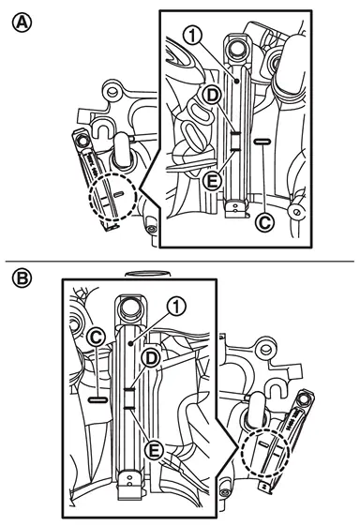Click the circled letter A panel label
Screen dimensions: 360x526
(x=22, y=23)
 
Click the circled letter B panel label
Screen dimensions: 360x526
(x=22, y=278)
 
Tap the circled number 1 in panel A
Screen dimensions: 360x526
(x=193, y=36)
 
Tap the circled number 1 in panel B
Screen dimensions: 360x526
(x=177, y=307)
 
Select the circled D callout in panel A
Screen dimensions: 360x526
(x=212, y=96)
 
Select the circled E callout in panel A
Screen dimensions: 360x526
(x=212, y=182)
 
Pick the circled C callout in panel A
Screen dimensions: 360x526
(x=264, y=222)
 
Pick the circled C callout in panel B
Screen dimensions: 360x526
(x=97, y=338)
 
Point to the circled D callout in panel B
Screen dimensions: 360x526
(x=151, y=358)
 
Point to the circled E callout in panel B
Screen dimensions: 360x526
(x=154, y=450)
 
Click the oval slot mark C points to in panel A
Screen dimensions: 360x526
(x=262, y=142)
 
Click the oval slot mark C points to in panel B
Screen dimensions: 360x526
(x=97, y=399)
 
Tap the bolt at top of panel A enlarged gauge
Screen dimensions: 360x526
(x=235, y=46)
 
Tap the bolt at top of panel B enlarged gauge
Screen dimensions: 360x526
(x=131, y=307)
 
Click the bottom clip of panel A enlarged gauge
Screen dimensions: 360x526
(x=236, y=209)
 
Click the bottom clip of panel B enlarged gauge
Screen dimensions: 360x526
(x=130, y=484)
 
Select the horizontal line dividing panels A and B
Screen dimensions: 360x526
(x=179, y=261)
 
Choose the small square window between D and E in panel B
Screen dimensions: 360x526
(x=129, y=398)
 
